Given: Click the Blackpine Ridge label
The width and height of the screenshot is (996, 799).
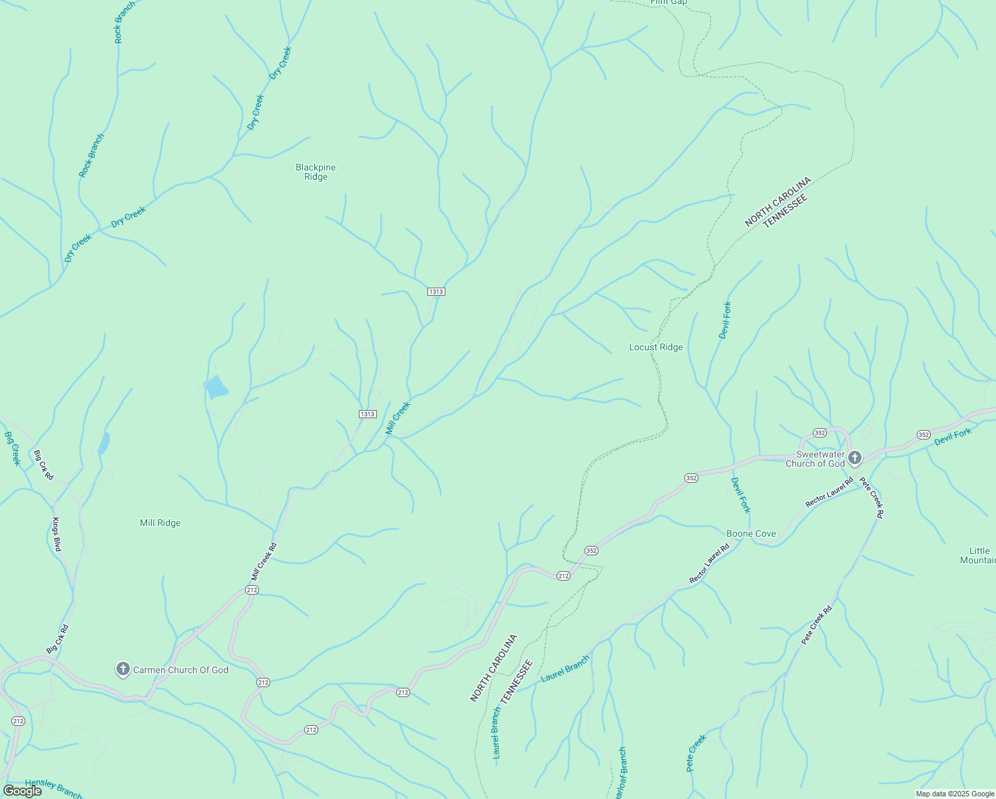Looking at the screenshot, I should click(316, 172).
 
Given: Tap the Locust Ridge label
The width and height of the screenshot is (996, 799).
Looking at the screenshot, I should click(656, 347).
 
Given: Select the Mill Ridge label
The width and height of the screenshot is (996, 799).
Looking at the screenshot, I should click(160, 523).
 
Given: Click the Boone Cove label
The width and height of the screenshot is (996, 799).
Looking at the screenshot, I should click(751, 533).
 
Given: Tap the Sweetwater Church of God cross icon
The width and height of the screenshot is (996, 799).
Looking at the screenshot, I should click(855, 458).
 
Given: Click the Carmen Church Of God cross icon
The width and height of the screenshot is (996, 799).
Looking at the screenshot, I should click(123, 669).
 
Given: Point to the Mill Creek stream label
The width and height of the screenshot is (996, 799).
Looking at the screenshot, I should click(398, 418).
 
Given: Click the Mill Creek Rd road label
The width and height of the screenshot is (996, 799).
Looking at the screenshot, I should click(264, 562).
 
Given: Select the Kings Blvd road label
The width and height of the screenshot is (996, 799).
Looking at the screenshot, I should click(57, 534).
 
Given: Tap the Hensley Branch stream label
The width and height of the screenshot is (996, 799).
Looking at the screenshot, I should click(53, 788).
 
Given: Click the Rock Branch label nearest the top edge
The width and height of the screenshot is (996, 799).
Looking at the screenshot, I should click(124, 23).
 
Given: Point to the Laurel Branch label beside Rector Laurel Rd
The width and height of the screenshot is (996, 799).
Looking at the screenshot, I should click(565, 668).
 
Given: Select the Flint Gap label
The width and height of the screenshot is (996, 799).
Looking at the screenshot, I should click(668, 3).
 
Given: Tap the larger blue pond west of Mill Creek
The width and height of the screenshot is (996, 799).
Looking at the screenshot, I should click(216, 387).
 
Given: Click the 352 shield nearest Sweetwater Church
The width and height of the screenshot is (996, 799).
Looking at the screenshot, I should click(820, 432).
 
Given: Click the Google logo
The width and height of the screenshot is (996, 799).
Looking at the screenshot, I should click(22, 790).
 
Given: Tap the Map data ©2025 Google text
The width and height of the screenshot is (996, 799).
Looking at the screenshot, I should click(955, 794).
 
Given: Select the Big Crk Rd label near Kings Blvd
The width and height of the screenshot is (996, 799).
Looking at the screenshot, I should click(43, 465).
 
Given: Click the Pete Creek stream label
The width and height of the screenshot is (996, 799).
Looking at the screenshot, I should click(696, 753).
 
